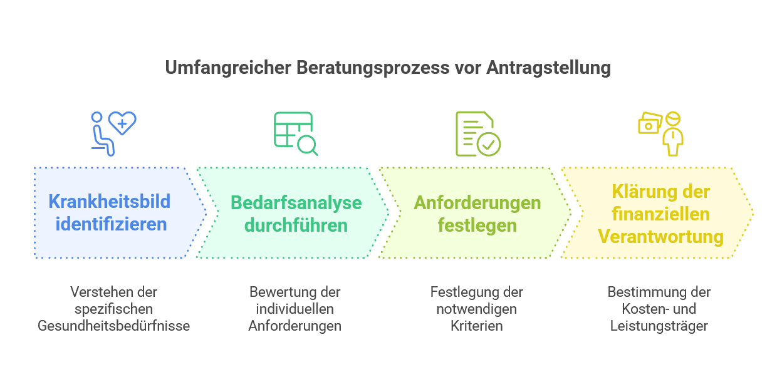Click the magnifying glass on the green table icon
coord(308,145)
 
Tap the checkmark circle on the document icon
coord(488,143)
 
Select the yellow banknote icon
coord(650,123)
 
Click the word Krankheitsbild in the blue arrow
coord(110,202)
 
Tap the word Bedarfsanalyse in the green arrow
coord(296,203)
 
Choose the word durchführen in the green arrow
coord(296,225)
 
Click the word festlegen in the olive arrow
coord(477,225)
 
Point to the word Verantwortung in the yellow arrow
coord(661,237)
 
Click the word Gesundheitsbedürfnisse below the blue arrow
coord(113,326)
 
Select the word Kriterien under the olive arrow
coord(476,326)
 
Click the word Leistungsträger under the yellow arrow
coord(659,326)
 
